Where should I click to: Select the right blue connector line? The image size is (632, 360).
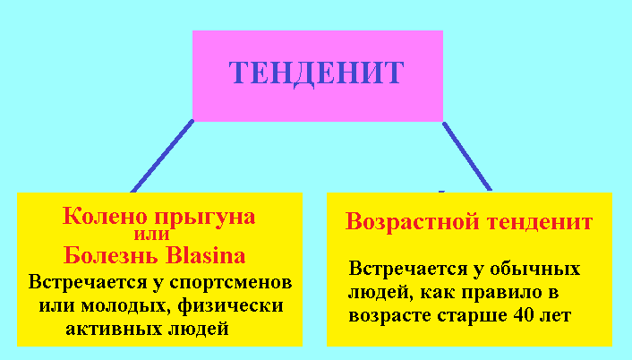(466, 156)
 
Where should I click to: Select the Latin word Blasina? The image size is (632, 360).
(205, 255)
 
